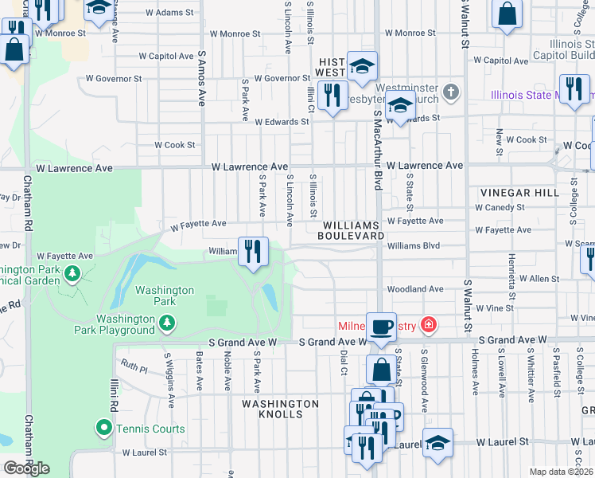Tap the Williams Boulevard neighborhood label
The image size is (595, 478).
351,230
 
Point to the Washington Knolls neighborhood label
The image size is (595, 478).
281,409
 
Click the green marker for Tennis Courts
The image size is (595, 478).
103,429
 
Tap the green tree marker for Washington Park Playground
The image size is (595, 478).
166,322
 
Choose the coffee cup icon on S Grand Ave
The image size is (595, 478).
381,326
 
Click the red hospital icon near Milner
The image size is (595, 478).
429,324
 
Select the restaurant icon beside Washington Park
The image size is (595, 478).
253,251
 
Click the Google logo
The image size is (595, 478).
26,468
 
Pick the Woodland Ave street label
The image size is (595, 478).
414,289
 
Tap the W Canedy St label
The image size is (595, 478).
500,207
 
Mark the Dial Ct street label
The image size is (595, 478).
344,361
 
